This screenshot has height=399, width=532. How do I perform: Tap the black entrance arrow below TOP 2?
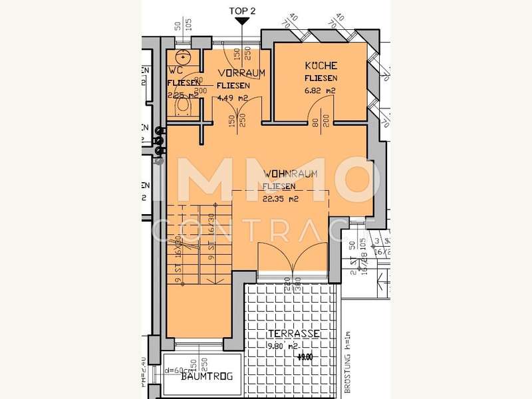click(x=243, y=22)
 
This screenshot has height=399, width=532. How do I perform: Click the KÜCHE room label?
click(x=321, y=66)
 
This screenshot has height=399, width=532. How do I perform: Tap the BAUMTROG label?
click(x=207, y=376)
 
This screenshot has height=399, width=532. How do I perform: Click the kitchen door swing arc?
click(x=321, y=106)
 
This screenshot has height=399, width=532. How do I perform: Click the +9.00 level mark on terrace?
click(x=305, y=356)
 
